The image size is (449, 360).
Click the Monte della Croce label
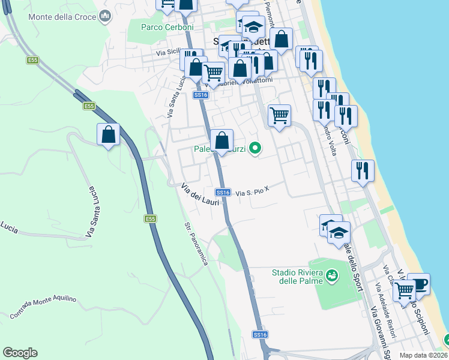pyautogui.click(x=63, y=17)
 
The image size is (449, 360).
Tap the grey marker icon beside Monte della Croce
pyautogui.click(x=106, y=16)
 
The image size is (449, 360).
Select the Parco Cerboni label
pyautogui.click(x=167, y=28)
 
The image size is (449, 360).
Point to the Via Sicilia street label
pyautogui.click(x=169, y=53)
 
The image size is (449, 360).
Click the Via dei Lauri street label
pyautogui.click(x=200, y=197)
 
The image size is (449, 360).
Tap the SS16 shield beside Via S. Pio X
pyautogui.click(x=223, y=193)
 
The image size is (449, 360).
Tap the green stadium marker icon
pyautogui.click(x=331, y=275)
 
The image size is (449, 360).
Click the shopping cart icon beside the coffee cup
pyautogui.click(x=405, y=290)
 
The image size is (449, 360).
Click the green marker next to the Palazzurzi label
pyautogui.click(x=255, y=148)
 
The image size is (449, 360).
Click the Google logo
pyautogui.click(x=20, y=353)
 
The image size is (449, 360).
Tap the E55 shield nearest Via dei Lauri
pyautogui.click(x=150, y=219)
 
